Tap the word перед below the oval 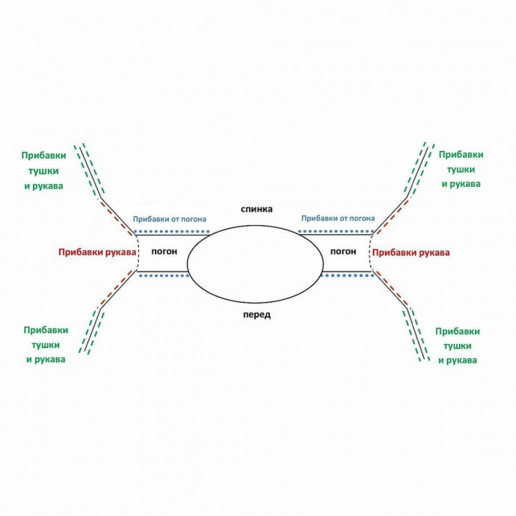pos(257,315)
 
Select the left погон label pos(164,251)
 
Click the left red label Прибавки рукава pos(96,253)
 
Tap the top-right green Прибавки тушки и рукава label pos(461,168)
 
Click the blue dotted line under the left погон pos(164,276)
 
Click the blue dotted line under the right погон pos(346,276)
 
